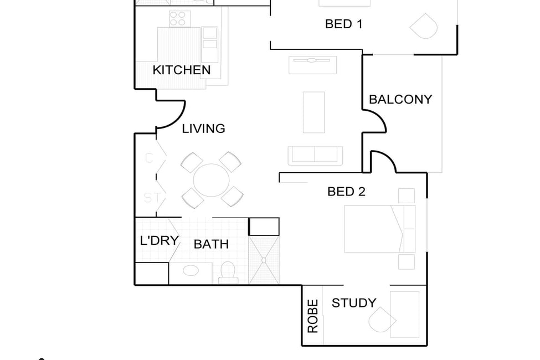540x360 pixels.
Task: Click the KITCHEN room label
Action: click(182, 70)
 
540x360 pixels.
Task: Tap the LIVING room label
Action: click(203, 128)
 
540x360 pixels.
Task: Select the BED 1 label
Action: click(344, 24)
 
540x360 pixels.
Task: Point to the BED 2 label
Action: click(346, 191)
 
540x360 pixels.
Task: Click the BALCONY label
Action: click(400, 99)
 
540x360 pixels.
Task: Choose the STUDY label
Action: click(354, 303)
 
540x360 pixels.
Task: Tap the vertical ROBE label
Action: click(313, 316)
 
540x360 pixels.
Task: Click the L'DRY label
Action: click(160, 240)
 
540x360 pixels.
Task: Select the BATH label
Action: click(211, 244)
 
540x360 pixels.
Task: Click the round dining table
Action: click(212, 180)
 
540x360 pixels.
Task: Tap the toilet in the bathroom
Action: click(228, 272)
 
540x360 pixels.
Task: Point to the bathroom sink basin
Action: click(191, 270)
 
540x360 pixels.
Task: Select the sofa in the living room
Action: click(315, 156)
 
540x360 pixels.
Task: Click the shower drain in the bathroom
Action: click(264, 260)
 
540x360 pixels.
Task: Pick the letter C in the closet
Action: click(149, 158)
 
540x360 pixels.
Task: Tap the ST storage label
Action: click(152, 198)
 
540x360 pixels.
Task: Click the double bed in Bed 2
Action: click(379, 229)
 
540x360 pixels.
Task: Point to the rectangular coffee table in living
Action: click(313, 112)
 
